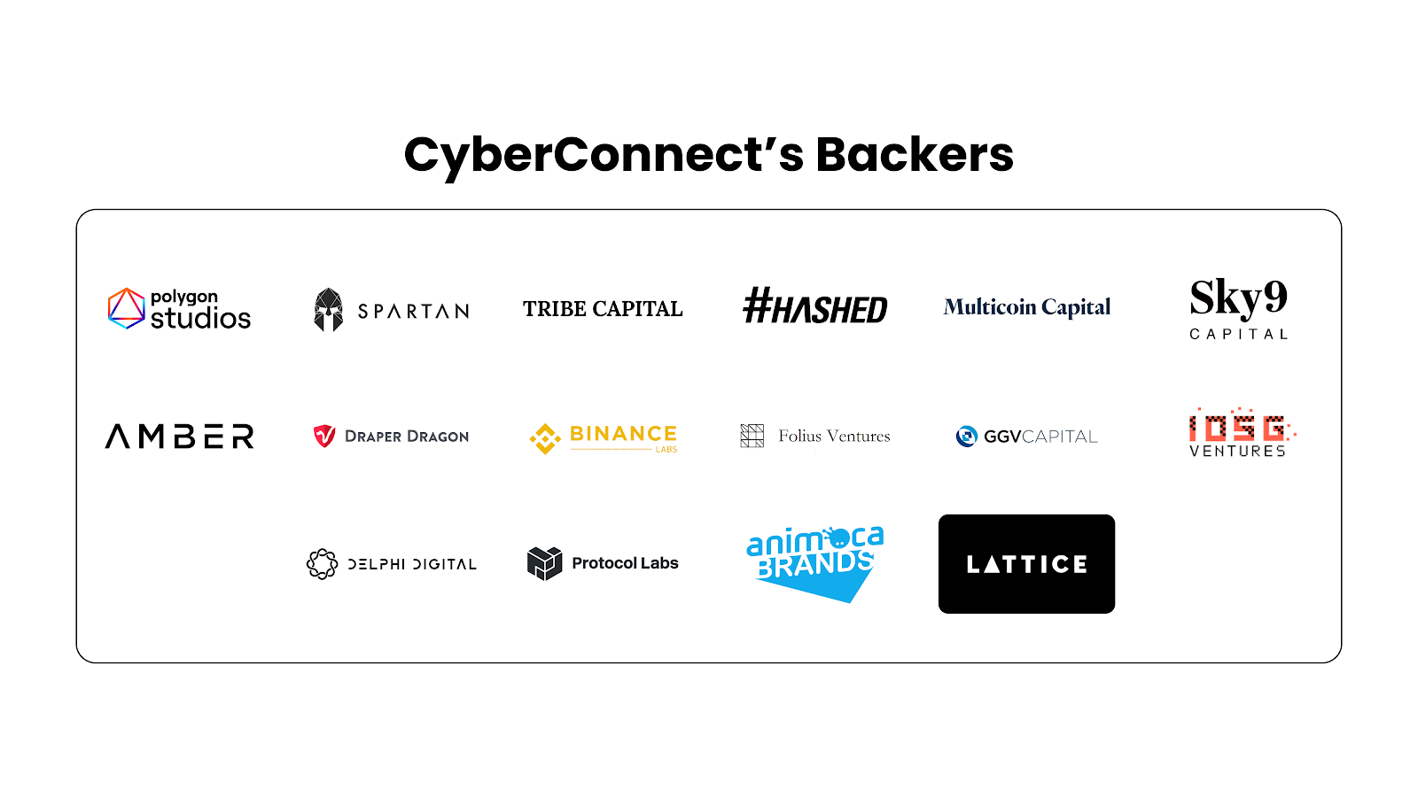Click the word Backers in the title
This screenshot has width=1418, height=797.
tap(914, 155)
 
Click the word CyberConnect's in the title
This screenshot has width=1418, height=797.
tap(604, 155)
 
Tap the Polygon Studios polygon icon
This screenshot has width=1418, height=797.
tap(126, 308)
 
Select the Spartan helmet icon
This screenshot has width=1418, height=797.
tap(328, 310)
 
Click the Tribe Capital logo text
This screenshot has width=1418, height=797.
tap(603, 309)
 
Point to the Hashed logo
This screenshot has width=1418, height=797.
tap(814, 306)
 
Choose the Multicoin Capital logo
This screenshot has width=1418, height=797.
tap(1026, 307)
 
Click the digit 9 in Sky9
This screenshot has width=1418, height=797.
tap(1274, 297)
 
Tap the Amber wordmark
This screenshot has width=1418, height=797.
tap(180, 437)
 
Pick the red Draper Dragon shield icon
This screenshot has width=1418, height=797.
tap(324, 436)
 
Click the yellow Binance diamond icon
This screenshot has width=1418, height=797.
tap(545, 438)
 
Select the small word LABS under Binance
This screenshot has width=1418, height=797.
tap(666, 450)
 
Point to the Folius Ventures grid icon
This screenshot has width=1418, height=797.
tap(752, 436)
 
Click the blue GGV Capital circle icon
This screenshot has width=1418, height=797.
tap(966, 436)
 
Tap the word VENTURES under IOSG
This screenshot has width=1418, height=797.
tap(1237, 452)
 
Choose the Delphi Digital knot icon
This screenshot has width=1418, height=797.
tap(322, 563)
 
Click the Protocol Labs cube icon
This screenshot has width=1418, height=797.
tap(544, 563)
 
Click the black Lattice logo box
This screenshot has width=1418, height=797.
tap(1026, 564)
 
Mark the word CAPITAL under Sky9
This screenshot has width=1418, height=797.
tap(1238, 334)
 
